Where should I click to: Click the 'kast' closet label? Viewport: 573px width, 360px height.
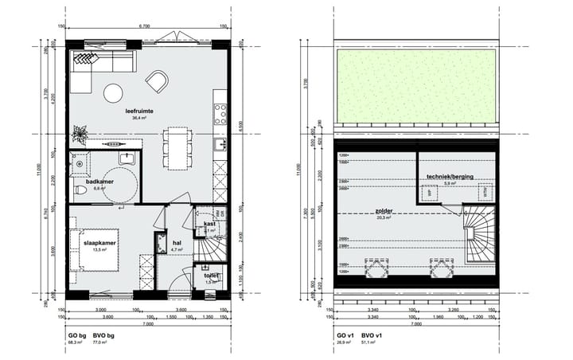pos(209,224)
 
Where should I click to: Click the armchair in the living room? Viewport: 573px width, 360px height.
pos(157,80)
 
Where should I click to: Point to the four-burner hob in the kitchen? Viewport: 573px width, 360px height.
pos(220,109)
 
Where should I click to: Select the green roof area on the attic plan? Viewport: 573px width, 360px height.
pos(414,85)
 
